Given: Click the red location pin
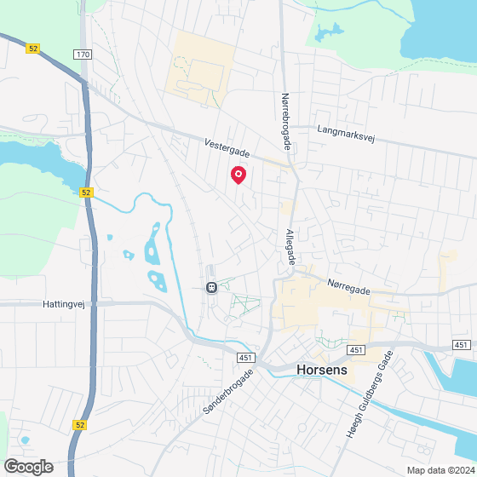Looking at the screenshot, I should click(x=238, y=175).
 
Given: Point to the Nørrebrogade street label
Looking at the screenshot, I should click(x=286, y=122).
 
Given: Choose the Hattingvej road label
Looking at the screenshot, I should click(x=64, y=302).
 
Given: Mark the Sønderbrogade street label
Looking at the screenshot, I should click(x=227, y=391).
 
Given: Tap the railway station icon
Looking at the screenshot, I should click(x=210, y=287).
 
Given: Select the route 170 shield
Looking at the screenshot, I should click(x=82, y=55).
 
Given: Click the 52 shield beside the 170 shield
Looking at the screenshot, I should click(x=33, y=49).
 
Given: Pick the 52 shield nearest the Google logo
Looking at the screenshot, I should click(x=79, y=424).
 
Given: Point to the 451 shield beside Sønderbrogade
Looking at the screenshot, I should click(x=244, y=358).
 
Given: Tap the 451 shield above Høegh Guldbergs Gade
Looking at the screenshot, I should click(x=356, y=350).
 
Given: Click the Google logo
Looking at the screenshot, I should click(x=28, y=466).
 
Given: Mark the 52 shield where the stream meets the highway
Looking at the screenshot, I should click(x=86, y=193).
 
